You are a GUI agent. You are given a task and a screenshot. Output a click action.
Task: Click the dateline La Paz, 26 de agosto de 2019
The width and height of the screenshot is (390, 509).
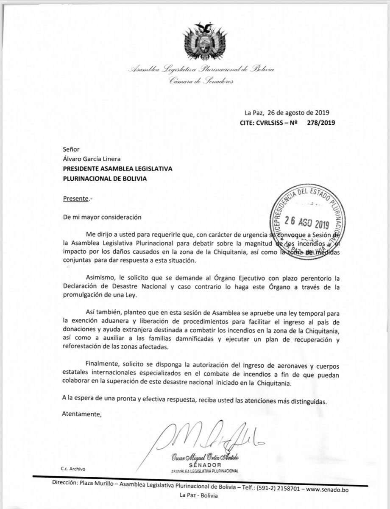(x=287, y=113)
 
